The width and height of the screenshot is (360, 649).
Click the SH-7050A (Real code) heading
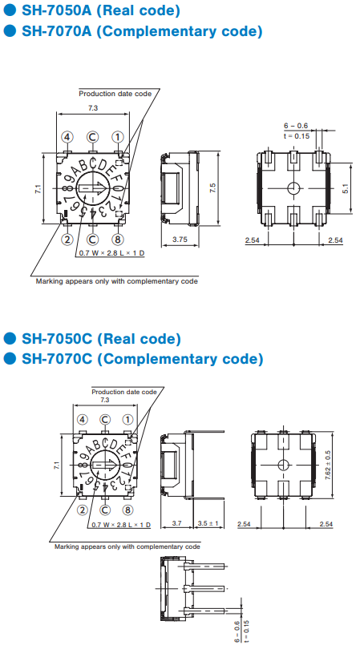101,10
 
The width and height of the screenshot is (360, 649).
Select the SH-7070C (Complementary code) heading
142,358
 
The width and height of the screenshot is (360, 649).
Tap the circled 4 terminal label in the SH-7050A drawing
67,137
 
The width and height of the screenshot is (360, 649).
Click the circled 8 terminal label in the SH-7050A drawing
119,239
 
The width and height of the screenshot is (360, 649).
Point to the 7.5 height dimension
212,188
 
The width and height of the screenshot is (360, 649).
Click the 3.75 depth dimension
180,240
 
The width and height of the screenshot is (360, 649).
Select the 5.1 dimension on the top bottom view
346,188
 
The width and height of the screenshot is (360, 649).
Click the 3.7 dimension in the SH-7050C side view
177,523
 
